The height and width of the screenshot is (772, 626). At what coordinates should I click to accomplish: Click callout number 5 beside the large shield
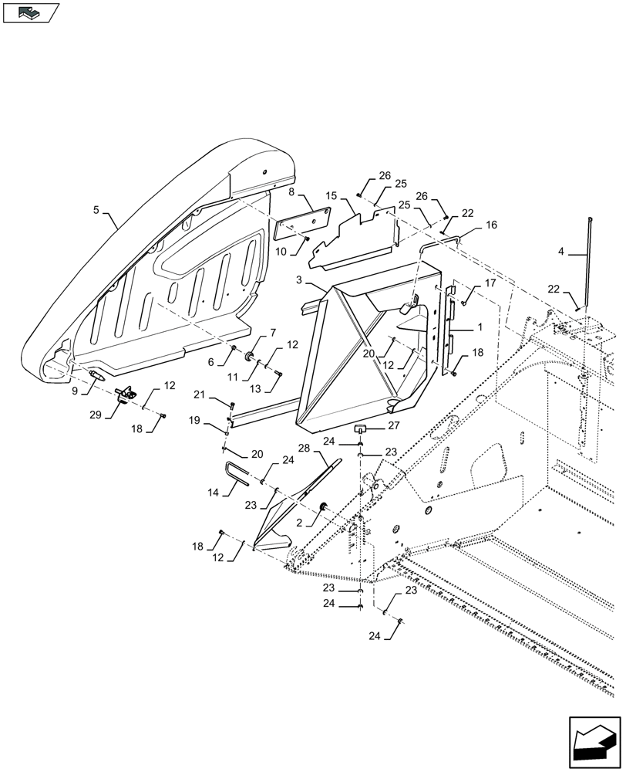[97, 209]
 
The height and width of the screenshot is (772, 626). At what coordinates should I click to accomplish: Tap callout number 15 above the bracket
[330, 198]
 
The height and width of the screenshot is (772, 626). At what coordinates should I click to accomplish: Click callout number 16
[491, 225]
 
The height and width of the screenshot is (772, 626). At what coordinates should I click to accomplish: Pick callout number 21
[199, 395]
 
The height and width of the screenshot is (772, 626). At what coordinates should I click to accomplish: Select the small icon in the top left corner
[30, 12]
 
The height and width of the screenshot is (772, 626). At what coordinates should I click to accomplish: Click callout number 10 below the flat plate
[281, 252]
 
